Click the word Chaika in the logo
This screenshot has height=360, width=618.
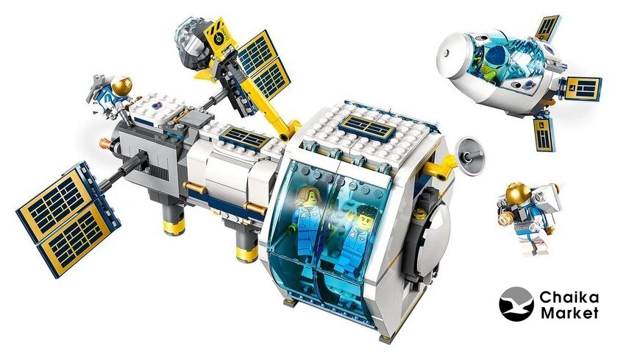(x=569, y=297)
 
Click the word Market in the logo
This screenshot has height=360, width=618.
(x=569, y=313)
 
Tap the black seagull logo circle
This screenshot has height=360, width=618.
(x=516, y=304)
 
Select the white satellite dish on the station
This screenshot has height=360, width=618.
(x=469, y=154)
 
